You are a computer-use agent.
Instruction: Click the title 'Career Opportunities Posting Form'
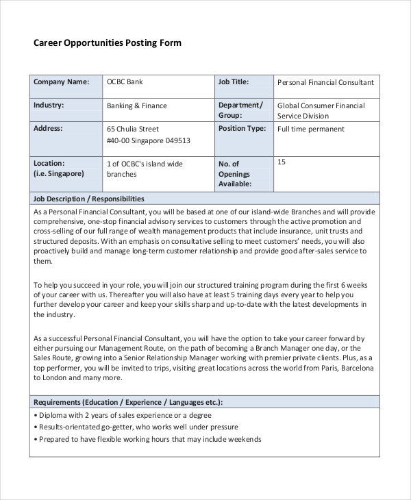tap(108, 42)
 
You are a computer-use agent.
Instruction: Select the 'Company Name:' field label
tap(62, 82)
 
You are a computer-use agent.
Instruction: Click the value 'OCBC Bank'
tap(125, 82)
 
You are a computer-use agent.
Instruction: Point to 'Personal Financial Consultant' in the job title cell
tap(325, 83)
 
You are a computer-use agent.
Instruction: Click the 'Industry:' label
tap(49, 105)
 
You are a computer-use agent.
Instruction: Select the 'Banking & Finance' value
tap(137, 106)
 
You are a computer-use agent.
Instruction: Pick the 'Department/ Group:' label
tap(240, 110)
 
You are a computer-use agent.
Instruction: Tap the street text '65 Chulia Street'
tap(133, 129)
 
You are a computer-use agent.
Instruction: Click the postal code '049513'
tap(176, 141)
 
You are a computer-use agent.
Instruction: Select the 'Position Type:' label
tap(242, 128)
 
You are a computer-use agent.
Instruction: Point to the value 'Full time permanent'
tap(310, 129)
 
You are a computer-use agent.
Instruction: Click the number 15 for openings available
tap(281, 162)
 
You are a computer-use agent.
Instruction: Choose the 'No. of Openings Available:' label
tap(235, 174)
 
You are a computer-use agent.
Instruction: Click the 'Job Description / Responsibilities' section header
tap(89, 198)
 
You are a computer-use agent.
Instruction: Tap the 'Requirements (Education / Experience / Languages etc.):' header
tap(127, 402)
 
